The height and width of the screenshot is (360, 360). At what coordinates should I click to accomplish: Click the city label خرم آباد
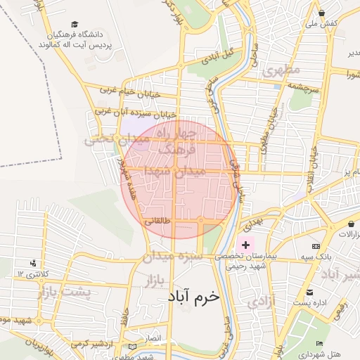coord(193,297)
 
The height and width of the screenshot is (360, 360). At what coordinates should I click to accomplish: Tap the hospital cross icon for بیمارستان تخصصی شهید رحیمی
coord(245,245)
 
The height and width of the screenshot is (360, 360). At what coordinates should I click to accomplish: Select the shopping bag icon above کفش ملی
coord(321,13)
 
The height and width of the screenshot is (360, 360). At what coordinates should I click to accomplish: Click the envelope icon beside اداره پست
coord(309,292)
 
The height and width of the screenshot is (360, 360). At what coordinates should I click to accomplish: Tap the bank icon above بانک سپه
coord(316,246)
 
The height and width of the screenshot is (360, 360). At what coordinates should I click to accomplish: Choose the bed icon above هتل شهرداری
coord(319,343)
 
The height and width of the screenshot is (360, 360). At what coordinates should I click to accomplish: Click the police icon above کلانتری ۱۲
coord(34,262)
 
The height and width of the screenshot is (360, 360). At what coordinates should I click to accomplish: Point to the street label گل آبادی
coord(217,56)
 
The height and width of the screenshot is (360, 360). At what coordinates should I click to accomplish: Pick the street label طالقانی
coord(157,220)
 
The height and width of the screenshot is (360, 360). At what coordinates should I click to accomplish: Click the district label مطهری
coord(281,70)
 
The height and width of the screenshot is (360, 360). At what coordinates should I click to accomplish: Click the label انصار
coord(153,338)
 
